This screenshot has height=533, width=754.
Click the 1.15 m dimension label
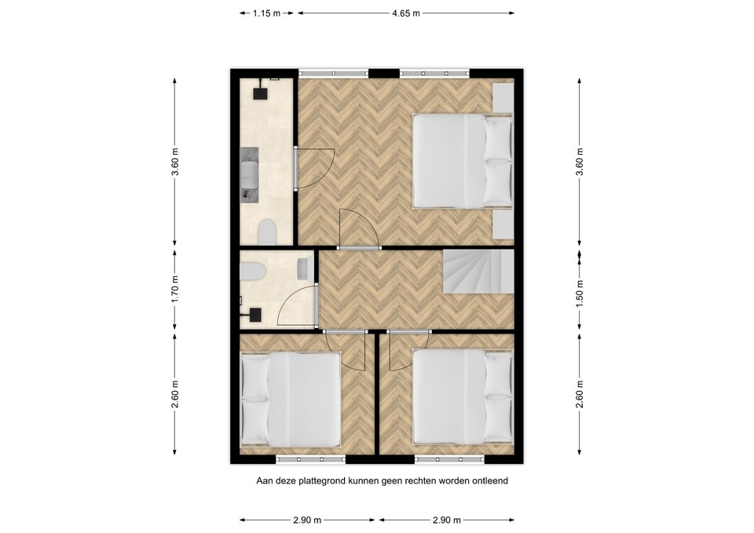[x=266, y=13]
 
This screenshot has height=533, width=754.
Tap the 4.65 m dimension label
[x=406, y=13]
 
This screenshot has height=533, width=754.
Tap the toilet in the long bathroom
[x=267, y=232]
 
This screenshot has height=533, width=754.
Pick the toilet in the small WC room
[x=253, y=272]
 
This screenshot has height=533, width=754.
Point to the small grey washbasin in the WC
[x=303, y=268]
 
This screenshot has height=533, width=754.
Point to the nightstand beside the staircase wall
[x=503, y=223]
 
